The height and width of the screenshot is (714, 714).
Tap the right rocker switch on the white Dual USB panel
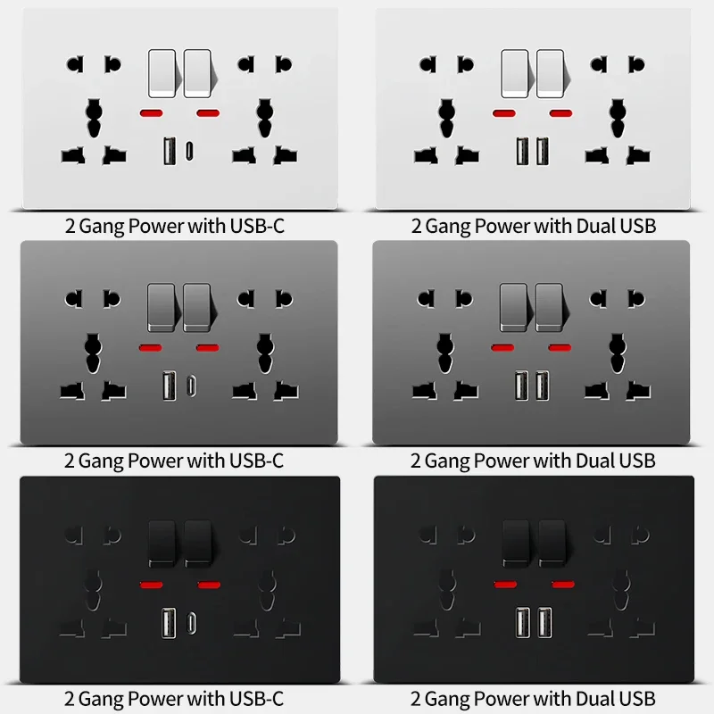click(x=551, y=72)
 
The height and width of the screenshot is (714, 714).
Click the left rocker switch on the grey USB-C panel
click(x=162, y=307)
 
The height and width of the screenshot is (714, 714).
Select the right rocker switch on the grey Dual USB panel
click(x=550, y=307)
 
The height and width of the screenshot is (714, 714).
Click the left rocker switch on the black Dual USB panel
click(x=515, y=542)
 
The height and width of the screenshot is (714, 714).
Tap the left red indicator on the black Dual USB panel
click(x=505, y=585)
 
